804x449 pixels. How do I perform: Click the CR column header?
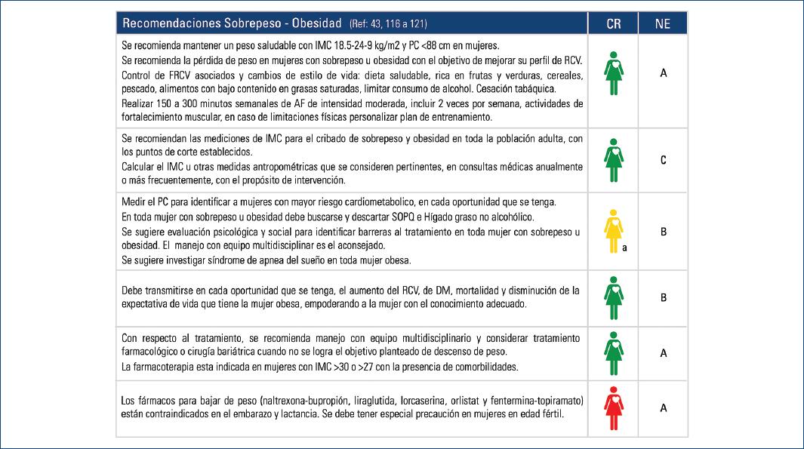coord(613,23)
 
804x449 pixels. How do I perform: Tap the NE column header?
coord(663,23)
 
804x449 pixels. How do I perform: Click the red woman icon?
coord(613,407)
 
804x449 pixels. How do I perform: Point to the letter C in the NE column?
coord(663,160)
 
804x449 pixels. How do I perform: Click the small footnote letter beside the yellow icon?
coord(625,247)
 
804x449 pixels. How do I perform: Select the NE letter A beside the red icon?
coord(663,407)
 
